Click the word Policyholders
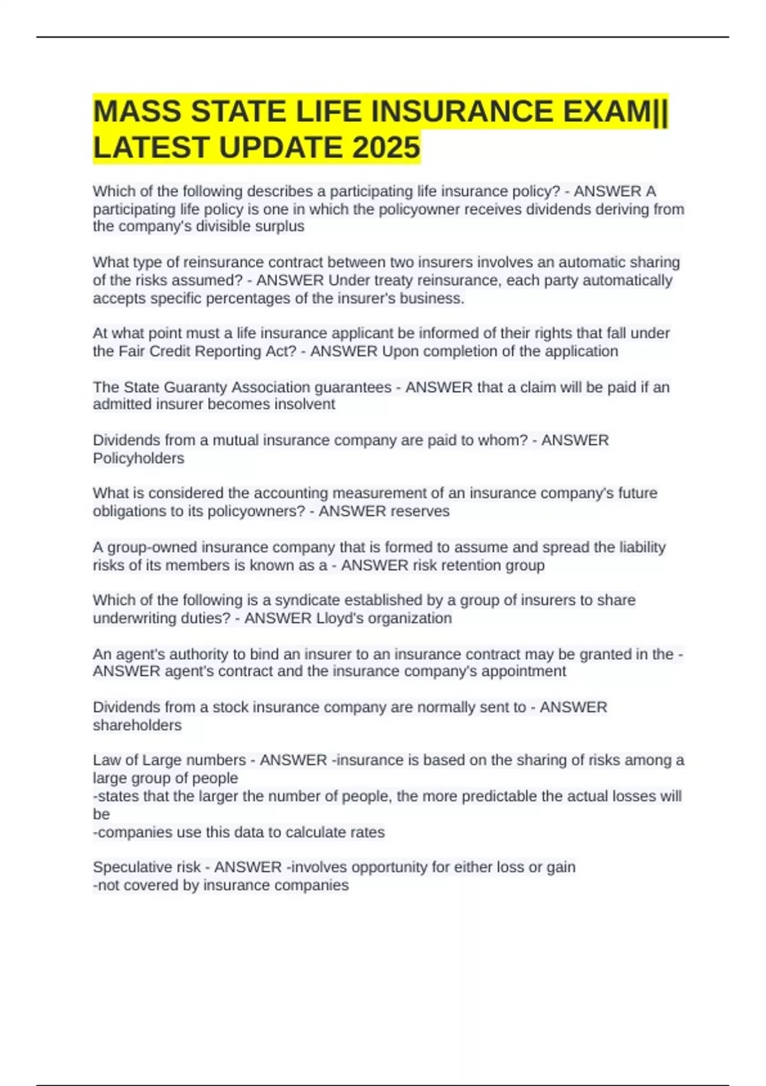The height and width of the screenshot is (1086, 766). [139, 459]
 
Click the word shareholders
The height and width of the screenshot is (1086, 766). [137, 726]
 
